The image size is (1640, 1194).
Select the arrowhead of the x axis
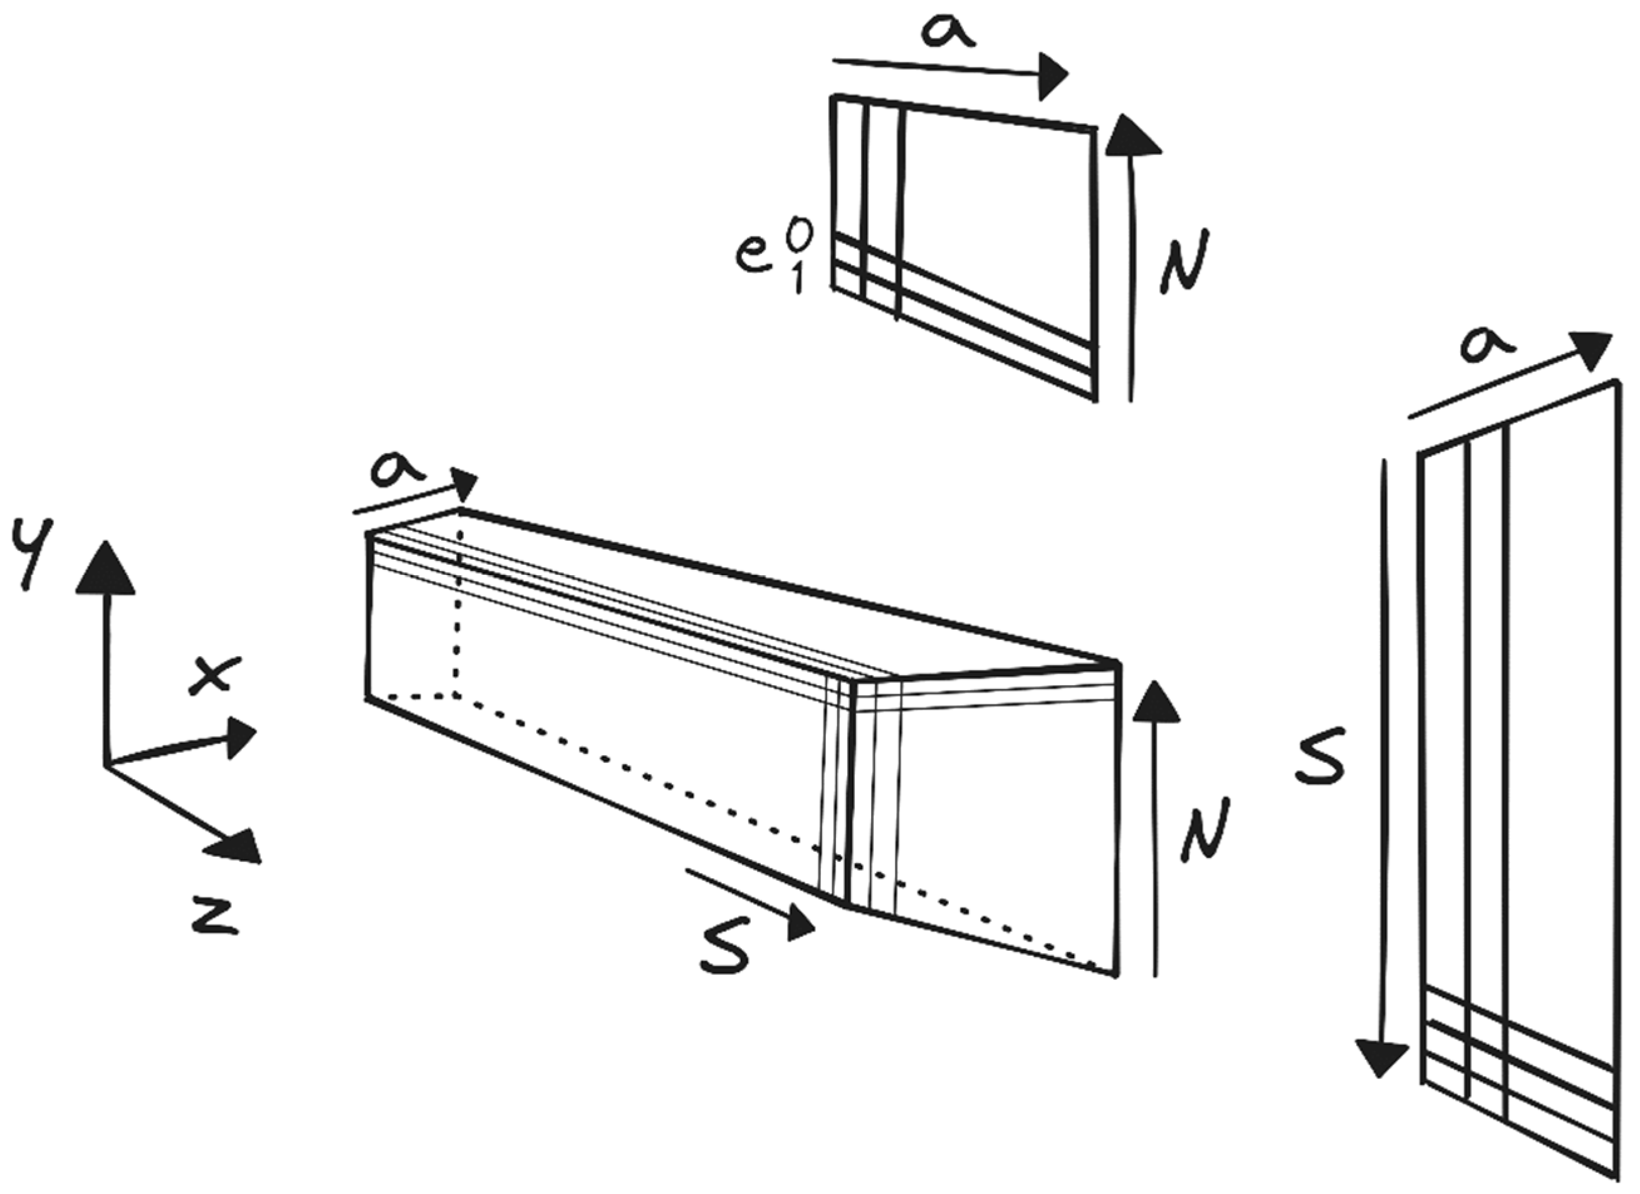(239, 738)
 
